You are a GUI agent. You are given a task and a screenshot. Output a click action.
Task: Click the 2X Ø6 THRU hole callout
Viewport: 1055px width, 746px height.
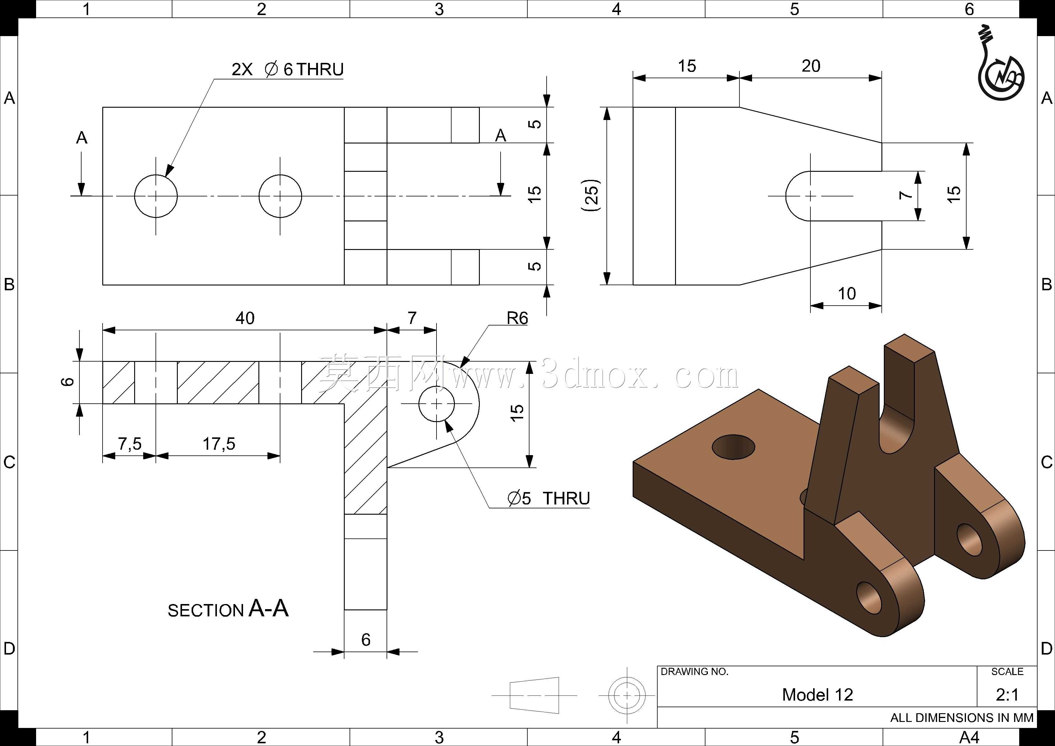coord(288,69)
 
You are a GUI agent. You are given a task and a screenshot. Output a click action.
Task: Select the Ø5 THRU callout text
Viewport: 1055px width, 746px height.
coord(549,498)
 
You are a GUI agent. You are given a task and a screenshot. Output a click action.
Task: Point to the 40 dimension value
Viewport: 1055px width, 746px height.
coord(245,318)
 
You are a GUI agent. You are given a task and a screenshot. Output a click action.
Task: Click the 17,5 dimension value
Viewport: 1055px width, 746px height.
coord(219,444)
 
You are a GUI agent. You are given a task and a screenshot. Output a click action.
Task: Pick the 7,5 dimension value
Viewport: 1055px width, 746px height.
coord(130,444)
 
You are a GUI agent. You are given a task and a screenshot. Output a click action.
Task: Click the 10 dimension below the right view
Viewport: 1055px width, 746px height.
coord(847,294)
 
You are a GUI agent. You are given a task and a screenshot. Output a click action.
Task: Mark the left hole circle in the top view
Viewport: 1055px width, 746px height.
coord(156,196)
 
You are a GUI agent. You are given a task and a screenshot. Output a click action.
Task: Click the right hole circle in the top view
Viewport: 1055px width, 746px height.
coord(280,196)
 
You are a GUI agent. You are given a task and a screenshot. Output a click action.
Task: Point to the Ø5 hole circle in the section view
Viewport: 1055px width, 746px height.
coord(436,404)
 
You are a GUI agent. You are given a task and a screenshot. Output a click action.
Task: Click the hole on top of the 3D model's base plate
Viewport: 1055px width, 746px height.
coord(733,446)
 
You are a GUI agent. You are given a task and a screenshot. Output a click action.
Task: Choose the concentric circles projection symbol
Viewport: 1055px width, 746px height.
coord(627,695)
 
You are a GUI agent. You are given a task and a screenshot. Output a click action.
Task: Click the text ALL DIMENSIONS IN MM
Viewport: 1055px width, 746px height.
coord(962,717)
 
